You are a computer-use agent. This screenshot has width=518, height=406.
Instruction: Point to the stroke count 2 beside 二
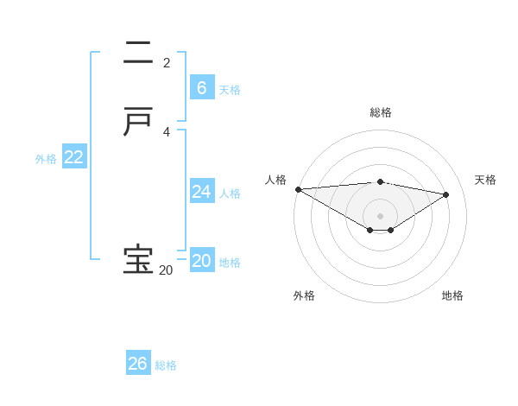point(167,62)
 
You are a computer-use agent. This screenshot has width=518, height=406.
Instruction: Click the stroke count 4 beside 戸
point(167,132)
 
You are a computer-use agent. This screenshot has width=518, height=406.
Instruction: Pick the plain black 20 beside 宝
point(166,270)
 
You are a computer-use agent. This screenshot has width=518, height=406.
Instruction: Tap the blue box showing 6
point(201,87)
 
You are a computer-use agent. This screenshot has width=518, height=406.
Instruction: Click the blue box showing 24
point(201,192)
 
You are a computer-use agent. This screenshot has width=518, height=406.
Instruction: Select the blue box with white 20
point(201,261)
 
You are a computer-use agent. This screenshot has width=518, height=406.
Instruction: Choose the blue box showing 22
point(74,157)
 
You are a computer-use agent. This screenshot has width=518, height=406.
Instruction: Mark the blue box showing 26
point(138,364)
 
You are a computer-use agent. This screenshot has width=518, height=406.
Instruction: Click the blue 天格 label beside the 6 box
point(230,89)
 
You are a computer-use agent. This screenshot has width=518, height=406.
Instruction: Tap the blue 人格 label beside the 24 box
point(230,193)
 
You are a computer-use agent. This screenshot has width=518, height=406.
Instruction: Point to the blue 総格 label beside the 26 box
point(166,365)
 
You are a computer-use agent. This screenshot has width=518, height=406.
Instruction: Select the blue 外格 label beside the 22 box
point(46,159)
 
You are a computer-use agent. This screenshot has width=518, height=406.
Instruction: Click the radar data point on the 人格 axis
point(298,189)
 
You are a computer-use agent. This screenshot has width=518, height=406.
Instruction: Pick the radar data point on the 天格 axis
point(446,194)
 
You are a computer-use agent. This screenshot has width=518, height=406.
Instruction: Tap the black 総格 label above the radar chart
point(381,112)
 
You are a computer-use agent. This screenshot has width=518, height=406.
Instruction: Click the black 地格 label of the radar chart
point(452,295)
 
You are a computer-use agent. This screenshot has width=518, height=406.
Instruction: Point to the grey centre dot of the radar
point(381,216)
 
